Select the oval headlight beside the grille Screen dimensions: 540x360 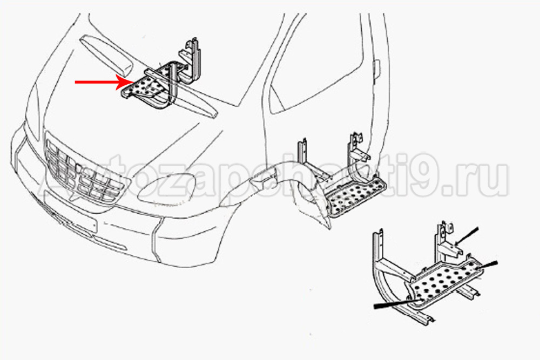[167, 188]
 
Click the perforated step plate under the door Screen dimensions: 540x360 [356, 198]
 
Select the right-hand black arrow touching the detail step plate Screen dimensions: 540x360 [487, 265]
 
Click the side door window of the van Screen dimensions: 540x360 [317, 62]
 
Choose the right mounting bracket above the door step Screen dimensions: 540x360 [357, 148]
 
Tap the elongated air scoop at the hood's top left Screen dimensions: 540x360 [107, 55]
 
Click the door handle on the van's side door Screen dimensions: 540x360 [377, 69]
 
